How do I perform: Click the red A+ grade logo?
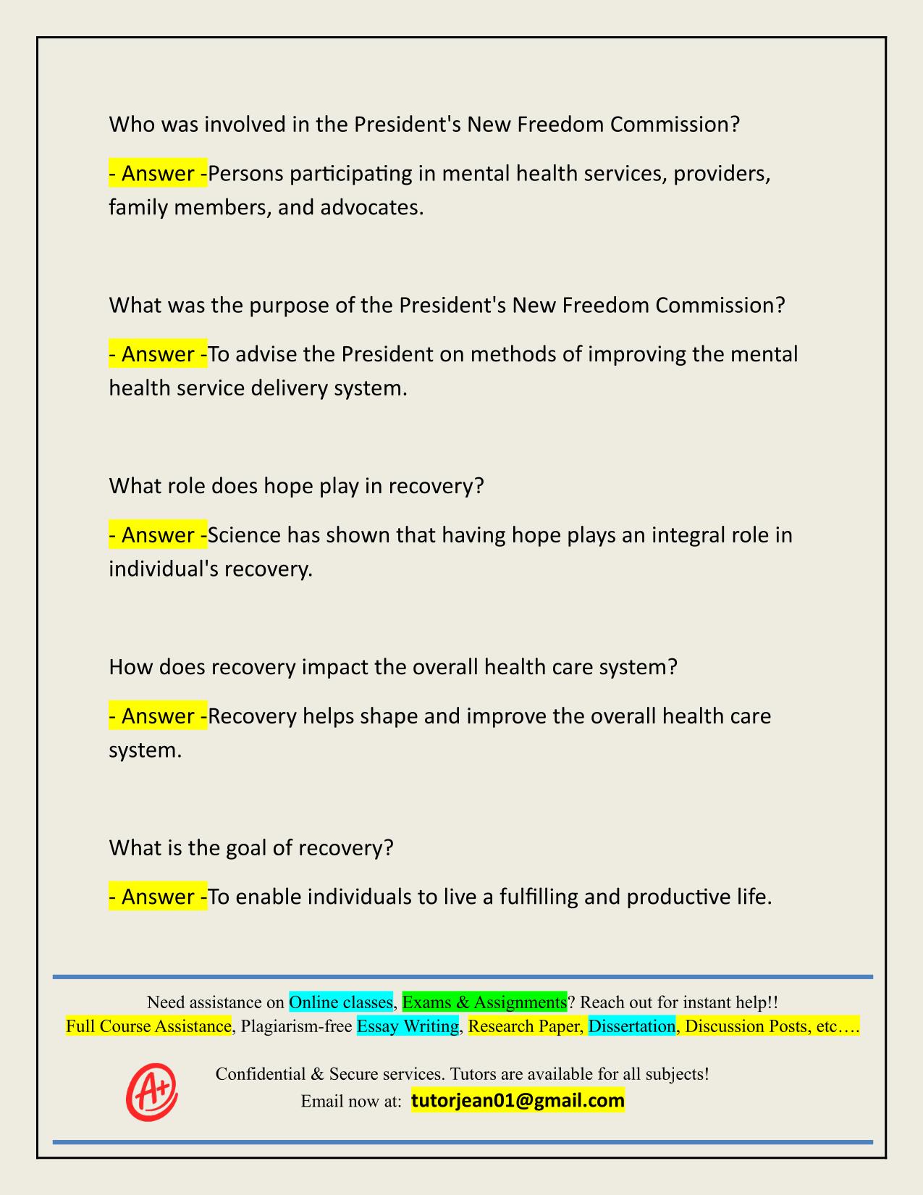pyautogui.click(x=151, y=1091)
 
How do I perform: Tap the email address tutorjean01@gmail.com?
pyautogui.click(x=518, y=1101)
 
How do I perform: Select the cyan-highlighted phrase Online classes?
pyautogui.click(x=341, y=1002)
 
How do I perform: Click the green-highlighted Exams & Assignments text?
pyautogui.click(x=484, y=1002)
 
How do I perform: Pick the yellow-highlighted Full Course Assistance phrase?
pyautogui.click(x=148, y=1026)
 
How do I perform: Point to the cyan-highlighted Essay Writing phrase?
pyautogui.click(x=408, y=1026)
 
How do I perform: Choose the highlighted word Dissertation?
pyautogui.click(x=632, y=1026)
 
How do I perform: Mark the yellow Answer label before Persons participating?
pyautogui.click(x=158, y=174)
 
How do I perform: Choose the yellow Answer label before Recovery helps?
pyautogui.click(x=158, y=716)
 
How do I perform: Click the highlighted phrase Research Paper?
pyautogui.click(x=526, y=1026)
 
